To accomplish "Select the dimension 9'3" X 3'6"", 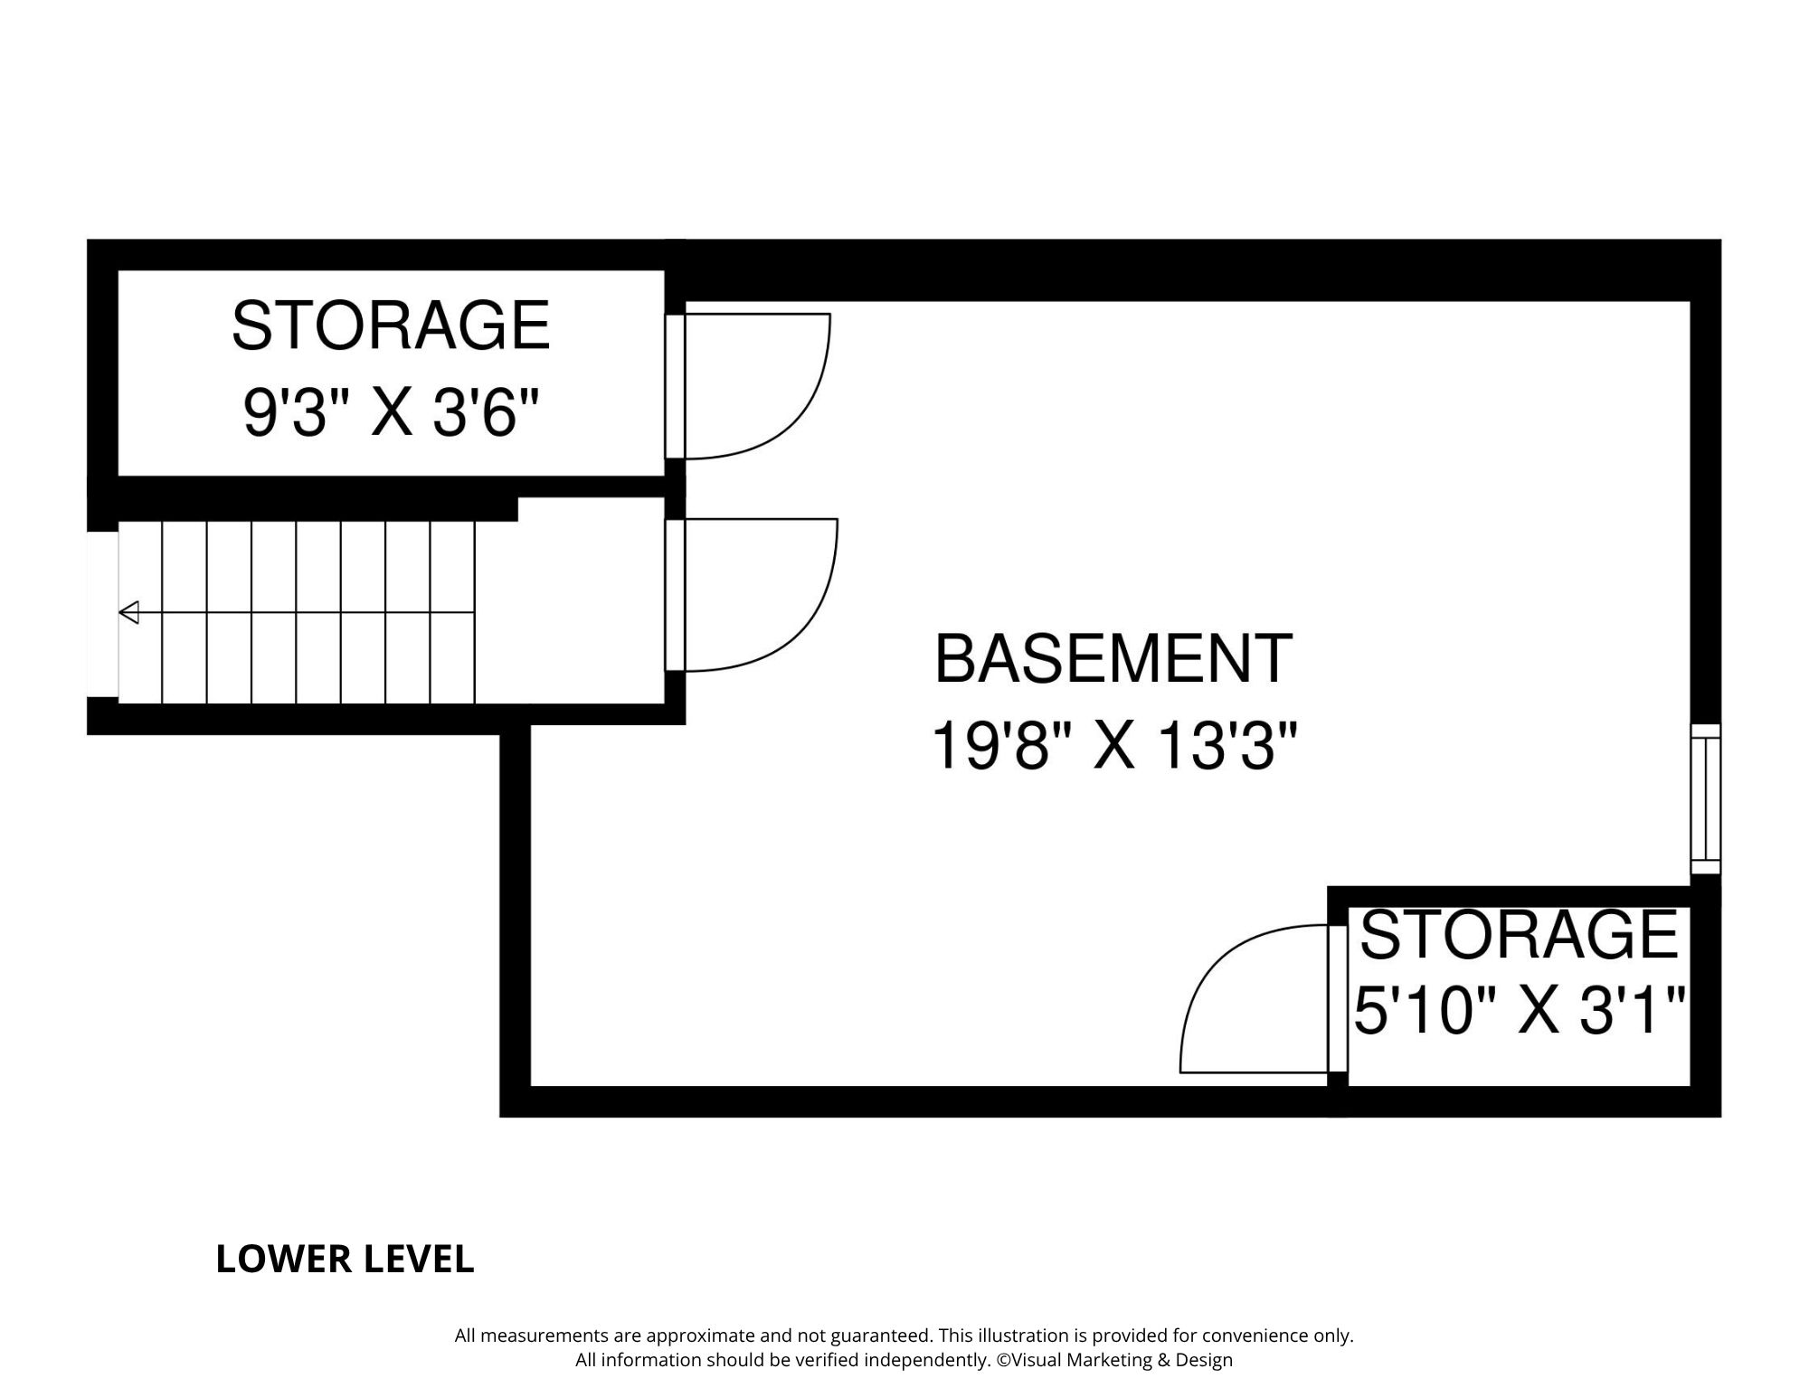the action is [x=391, y=413].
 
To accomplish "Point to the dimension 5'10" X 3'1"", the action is [x=1520, y=1010].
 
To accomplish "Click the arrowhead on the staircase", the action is [x=128, y=612].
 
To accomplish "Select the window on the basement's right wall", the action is [x=1706, y=798].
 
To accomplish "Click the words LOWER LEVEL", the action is [x=345, y=1260].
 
